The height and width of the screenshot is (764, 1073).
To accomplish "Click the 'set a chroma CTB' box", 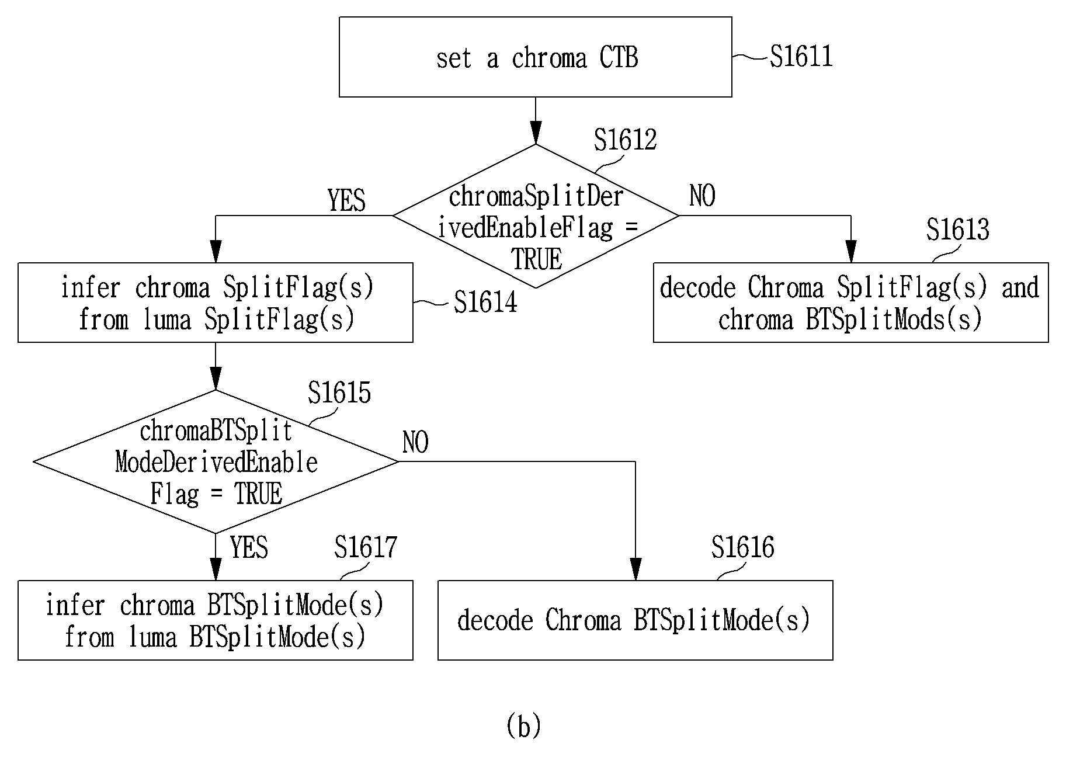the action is (x=535, y=57).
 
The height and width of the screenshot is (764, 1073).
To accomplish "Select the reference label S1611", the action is (x=801, y=57).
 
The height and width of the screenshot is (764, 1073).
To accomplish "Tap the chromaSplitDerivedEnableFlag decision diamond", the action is (x=536, y=216).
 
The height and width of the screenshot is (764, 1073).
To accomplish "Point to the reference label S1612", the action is (x=625, y=140).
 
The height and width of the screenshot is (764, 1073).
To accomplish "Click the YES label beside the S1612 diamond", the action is (x=346, y=200).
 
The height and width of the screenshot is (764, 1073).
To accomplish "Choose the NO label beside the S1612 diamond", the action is (x=702, y=196).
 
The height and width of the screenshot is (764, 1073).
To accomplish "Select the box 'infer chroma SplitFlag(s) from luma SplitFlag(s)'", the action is (x=216, y=303).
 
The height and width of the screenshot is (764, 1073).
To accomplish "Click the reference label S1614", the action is (x=485, y=303).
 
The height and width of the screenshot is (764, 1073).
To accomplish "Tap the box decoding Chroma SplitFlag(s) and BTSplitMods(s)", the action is (x=850, y=303).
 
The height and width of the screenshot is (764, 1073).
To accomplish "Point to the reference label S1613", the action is (x=958, y=230).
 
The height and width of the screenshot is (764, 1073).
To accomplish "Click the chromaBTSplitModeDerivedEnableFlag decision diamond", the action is (x=216, y=461).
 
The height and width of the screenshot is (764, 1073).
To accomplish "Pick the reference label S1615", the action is (x=339, y=393).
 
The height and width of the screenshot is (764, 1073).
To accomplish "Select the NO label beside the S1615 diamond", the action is (x=415, y=443).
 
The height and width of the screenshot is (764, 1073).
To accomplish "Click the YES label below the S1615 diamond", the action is (x=249, y=548).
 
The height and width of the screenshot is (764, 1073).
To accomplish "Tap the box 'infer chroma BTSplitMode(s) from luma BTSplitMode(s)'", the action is (x=216, y=620).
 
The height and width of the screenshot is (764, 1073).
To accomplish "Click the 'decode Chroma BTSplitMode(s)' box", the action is (x=635, y=620).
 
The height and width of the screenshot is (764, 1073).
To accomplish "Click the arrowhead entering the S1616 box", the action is (x=636, y=569).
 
